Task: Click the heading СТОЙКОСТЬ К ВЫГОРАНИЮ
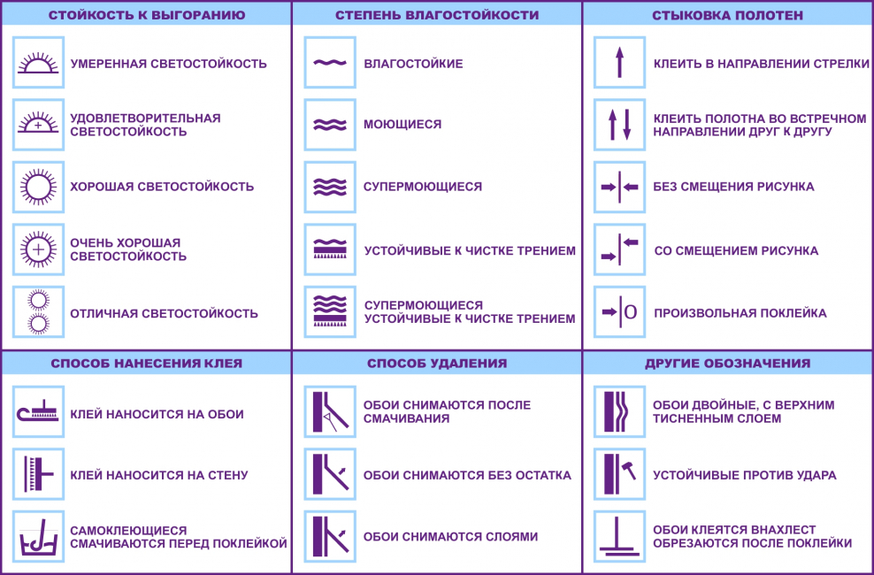click(147, 15)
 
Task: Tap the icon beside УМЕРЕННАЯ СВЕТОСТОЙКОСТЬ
click(38, 63)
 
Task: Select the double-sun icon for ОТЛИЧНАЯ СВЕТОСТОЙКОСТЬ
click(38, 312)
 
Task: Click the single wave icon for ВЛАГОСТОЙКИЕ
click(330, 63)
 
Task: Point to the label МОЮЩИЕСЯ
click(402, 124)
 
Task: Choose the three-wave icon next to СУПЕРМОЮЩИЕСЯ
click(330, 188)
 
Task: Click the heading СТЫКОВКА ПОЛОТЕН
click(727, 15)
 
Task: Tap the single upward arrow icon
click(619, 63)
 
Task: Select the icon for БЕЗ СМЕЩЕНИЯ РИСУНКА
click(619, 188)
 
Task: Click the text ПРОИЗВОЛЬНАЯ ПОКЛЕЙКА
click(740, 313)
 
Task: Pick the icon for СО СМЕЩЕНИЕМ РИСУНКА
click(619, 249)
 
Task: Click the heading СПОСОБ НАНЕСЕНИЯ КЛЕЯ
click(147, 364)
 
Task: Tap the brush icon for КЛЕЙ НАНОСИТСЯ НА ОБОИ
click(38, 411)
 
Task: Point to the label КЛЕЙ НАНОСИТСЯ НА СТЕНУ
click(159, 475)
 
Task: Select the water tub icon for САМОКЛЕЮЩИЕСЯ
click(38, 537)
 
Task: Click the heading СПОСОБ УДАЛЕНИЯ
click(437, 364)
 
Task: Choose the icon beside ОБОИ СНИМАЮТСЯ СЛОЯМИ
click(330, 537)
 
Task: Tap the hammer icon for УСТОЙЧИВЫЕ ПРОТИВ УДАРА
click(619, 474)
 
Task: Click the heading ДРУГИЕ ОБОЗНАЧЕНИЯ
click(727, 364)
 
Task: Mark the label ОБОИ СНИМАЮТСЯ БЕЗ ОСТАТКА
click(467, 475)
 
